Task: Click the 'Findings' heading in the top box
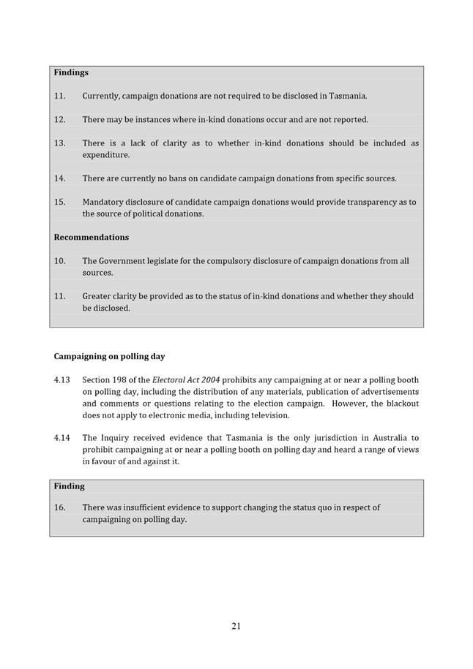coord(71,72)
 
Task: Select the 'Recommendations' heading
coord(91,237)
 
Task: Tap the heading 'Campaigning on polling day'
coord(109,356)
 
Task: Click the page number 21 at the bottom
coord(236,626)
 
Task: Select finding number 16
coord(59,507)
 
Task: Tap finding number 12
coord(59,119)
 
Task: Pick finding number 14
coord(59,178)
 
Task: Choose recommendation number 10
coord(59,260)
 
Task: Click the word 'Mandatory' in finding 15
coord(104,202)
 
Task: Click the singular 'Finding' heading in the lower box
coord(69,486)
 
